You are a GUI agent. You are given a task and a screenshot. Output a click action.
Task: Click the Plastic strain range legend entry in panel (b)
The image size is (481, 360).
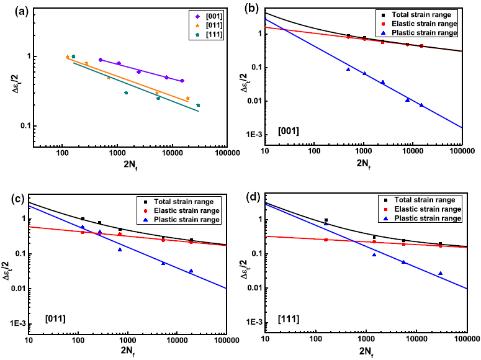click(428, 32)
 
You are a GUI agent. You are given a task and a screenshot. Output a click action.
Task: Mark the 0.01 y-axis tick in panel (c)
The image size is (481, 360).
click(16, 288)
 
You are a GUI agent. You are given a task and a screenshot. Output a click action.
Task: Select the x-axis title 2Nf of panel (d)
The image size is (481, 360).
click(365, 352)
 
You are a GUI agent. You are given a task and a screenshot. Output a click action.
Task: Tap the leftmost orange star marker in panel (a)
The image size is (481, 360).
click(68, 57)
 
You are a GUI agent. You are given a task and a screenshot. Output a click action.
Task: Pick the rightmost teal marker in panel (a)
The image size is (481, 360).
click(198, 106)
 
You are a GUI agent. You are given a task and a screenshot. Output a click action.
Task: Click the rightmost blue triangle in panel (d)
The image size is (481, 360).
click(440, 273)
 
